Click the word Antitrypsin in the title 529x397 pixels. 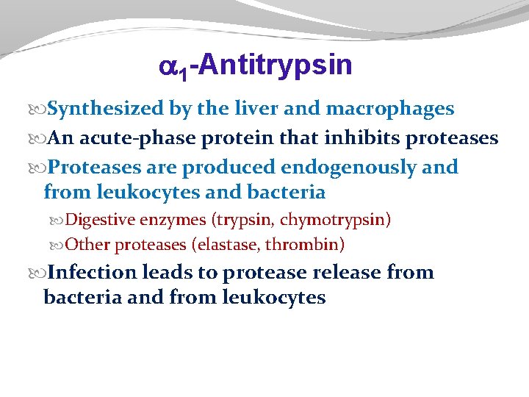275,65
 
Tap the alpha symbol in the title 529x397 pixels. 168,68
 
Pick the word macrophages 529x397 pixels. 389,110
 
